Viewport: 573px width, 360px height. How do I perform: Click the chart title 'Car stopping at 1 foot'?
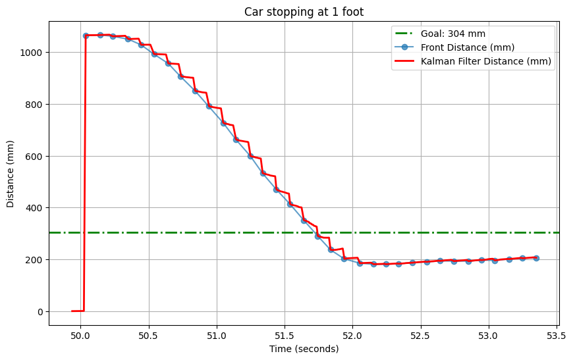pos(304,12)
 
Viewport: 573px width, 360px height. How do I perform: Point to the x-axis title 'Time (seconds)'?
pos(304,349)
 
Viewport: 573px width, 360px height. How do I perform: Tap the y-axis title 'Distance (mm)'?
pos(11,173)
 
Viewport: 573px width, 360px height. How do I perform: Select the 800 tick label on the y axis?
pos(36,105)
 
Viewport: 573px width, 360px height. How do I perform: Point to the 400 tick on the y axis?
pos(36,208)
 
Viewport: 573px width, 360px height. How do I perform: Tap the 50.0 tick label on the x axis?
pos(80,335)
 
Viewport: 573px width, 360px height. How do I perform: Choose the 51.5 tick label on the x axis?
pos(285,335)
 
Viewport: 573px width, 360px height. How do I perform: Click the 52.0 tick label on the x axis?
pos(352,335)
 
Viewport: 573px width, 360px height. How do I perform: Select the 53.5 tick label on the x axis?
pos(557,335)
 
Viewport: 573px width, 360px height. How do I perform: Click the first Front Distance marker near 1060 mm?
pos(86,36)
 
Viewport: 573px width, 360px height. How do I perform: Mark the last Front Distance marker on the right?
pos(536,258)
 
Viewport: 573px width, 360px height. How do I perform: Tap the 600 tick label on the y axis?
pos(36,157)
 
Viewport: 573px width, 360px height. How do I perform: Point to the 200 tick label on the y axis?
pos(36,260)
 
